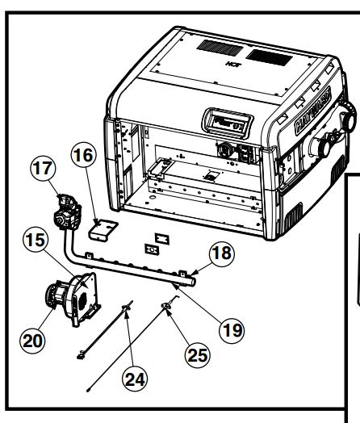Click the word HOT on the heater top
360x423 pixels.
(229, 60)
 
